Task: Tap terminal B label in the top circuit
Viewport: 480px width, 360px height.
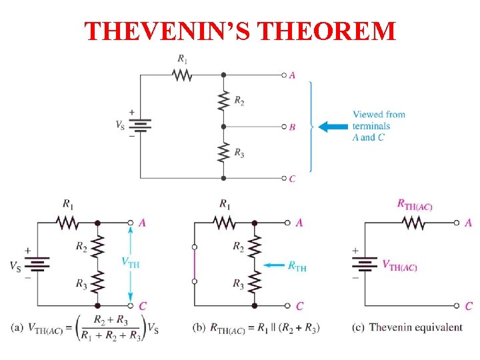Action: pyautogui.click(x=292, y=127)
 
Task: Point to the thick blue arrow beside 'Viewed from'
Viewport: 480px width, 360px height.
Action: pyautogui.click(x=333, y=126)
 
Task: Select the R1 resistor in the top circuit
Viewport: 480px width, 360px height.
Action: pyautogui.click(x=183, y=75)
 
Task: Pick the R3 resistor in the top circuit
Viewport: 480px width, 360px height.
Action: pyautogui.click(x=223, y=152)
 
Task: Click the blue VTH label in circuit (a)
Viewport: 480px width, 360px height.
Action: pyautogui.click(x=131, y=263)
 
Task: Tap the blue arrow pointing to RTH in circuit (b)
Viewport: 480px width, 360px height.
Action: pyautogui.click(x=273, y=265)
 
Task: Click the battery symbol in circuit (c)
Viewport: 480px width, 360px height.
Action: pyautogui.click(x=365, y=264)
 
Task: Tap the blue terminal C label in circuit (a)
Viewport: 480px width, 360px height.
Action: pyautogui.click(x=143, y=306)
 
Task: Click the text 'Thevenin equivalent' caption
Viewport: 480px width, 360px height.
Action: pyautogui.click(x=415, y=327)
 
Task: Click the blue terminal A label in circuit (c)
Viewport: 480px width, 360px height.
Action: pyautogui.click(x=469, y=223)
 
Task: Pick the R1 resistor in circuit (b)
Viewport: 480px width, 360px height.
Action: pyautogui.click(x=225, y=223)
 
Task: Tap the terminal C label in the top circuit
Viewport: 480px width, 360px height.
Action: pyautogui.click(x=292, y=179)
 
